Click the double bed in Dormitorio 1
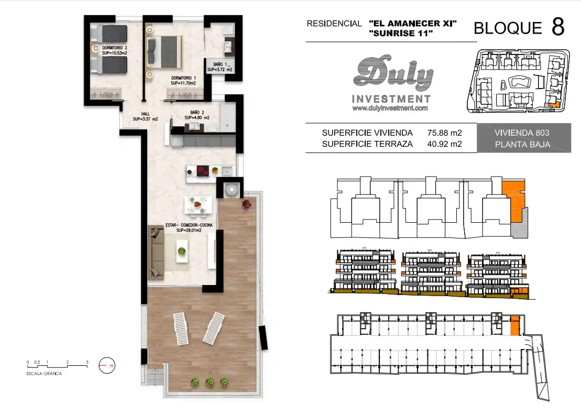click(164, 52)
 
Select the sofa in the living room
click(156, 253)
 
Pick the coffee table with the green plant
click(182, 252)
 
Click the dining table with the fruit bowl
click(198, 205)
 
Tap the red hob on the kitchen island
click(203, 171)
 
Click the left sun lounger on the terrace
click(181, 329)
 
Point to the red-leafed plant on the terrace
click(247, 203)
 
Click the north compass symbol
click(107, 365)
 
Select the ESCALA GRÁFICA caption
click(44, 374)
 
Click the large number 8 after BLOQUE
click(558, 27)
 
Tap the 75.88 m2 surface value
click(445, 133)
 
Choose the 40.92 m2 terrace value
click(445, 144)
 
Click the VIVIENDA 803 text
click(522, 133)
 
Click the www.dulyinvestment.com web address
click(390, 108)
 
